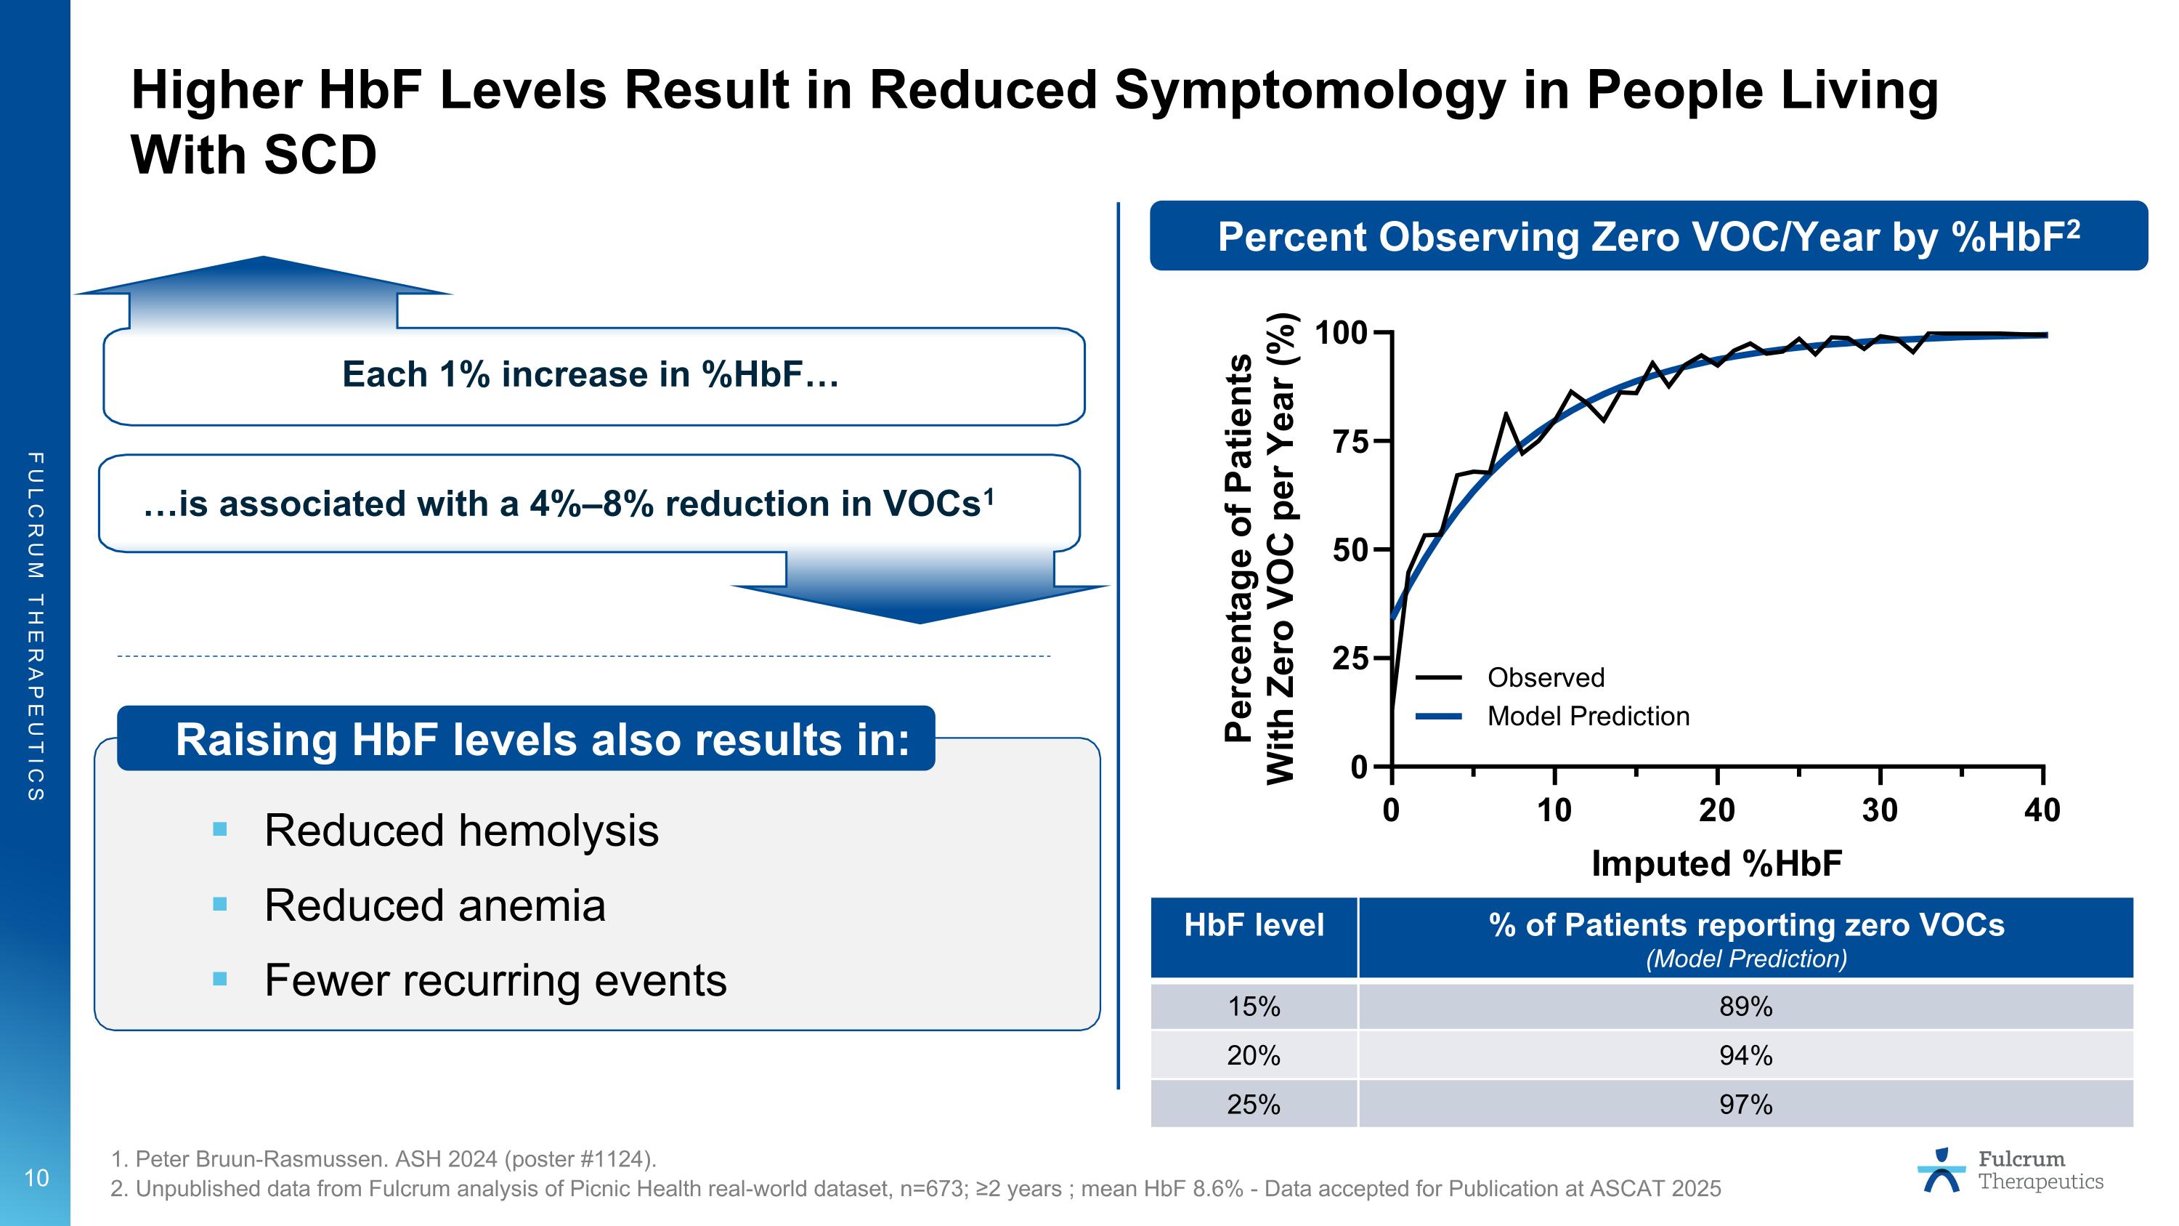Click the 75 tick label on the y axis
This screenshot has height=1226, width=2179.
[x=1350, y=443]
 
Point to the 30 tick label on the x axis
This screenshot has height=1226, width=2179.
[x=1880, y=810]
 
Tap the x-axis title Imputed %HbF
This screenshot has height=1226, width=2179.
[x=1716, y=864]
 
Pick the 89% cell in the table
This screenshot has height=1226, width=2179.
[x=1745, y=1007]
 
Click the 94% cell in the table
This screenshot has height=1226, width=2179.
[x=1745, y=1056]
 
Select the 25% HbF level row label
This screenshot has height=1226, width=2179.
[x=1254, y=1105]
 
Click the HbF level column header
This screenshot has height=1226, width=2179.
[x=1254, y=926]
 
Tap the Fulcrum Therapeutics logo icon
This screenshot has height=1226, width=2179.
[x=1941, y=1171]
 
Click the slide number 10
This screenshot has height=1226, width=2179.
[x=36, y=1178]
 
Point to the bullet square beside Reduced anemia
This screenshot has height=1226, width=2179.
[x=221, y=905]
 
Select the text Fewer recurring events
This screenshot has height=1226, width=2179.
[x=495, y=980]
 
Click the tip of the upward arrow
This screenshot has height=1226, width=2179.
[x=264, y=258]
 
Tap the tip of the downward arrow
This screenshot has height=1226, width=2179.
[x=920, y=622]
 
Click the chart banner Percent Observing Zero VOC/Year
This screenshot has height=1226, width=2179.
[x=1648, y=237]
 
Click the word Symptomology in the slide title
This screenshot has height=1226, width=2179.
[x=1310, y=91]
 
